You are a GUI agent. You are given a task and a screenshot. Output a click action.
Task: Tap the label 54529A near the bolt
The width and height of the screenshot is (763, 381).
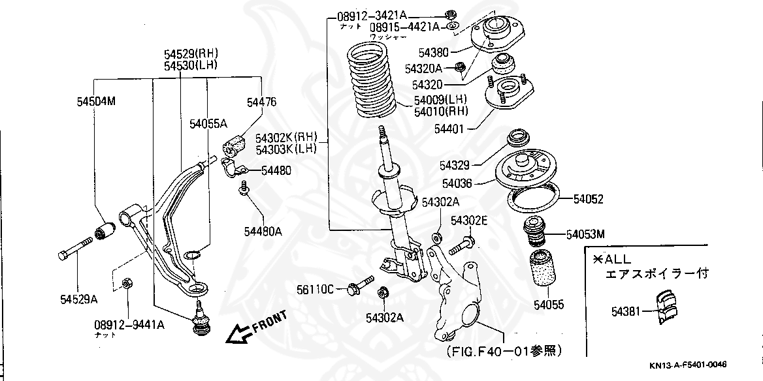coord(79,299)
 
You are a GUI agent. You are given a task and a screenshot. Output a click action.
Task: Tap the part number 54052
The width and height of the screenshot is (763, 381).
coord(589,199)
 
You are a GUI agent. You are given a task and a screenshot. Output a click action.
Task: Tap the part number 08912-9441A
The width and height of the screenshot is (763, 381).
coord(128,324)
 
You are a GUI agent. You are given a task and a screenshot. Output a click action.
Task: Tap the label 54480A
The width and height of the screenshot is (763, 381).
coord(263,230)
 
